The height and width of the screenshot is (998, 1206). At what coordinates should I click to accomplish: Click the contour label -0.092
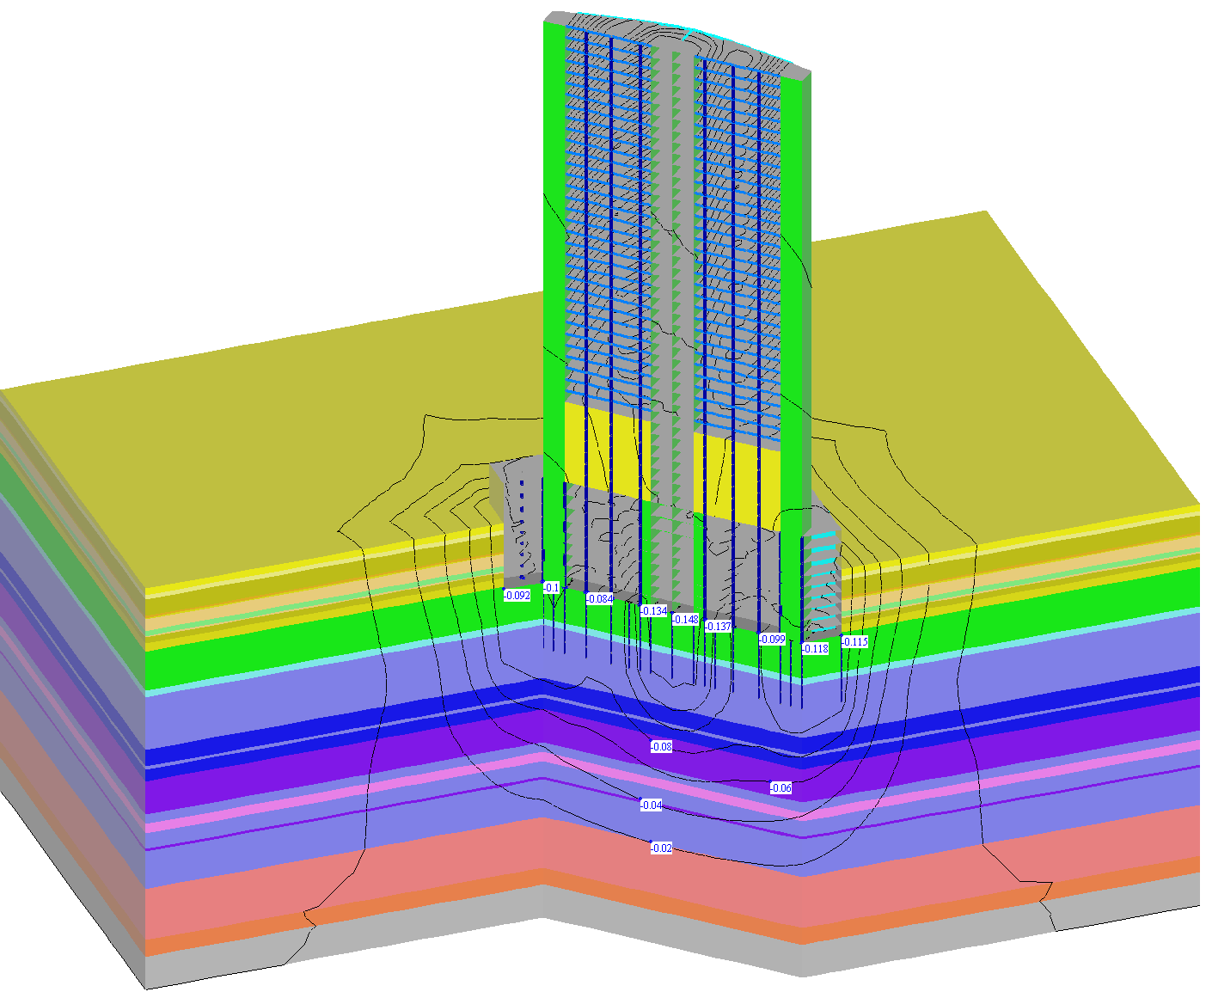[517, 596]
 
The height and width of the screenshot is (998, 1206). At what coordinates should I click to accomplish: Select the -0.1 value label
[552, 587]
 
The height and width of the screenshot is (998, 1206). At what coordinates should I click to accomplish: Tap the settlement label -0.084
[599, 599]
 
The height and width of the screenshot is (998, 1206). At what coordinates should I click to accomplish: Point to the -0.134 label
[654, 610]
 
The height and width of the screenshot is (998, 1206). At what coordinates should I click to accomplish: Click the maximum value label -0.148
[686, 619]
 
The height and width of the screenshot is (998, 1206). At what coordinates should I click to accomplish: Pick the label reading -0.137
[718, 626]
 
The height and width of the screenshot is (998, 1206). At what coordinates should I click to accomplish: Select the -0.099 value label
[772, 639]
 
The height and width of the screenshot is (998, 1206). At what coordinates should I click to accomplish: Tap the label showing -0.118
[816, 649]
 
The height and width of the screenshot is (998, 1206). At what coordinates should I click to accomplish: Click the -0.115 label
[854, 641]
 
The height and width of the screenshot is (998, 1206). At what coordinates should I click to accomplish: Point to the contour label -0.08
[661, 746]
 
